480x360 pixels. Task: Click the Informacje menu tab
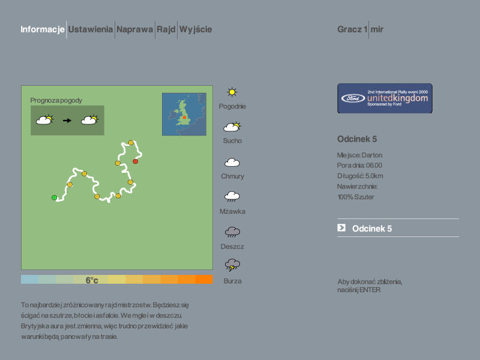click(43, 29)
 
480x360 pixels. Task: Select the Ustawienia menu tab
click(91, 29)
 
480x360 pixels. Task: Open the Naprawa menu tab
click(134, 29)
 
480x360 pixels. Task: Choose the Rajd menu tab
click(166, 29)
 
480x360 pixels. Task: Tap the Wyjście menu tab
click(196, 29)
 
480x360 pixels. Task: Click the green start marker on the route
click(54, 197)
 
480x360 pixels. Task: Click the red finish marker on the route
click(136, 161)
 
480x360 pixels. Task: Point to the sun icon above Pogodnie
click(232, 92)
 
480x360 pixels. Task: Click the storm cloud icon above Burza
click(232, 265)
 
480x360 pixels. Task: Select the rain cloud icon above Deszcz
click(232, 232)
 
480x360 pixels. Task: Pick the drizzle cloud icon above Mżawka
click(232, 197)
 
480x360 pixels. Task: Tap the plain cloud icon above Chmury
click(232, 162)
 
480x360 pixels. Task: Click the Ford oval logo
click(353, 98)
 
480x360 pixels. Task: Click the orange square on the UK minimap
click(185, 117)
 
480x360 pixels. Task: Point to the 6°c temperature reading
click(92, 280)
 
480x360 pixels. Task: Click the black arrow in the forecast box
click(67, 121)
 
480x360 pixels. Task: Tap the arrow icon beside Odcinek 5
click(341, 227)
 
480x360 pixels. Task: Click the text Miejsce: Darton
click(359, 155)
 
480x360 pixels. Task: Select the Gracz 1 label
click(352, 29)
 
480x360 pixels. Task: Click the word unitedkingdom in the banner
click(398, 98)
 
